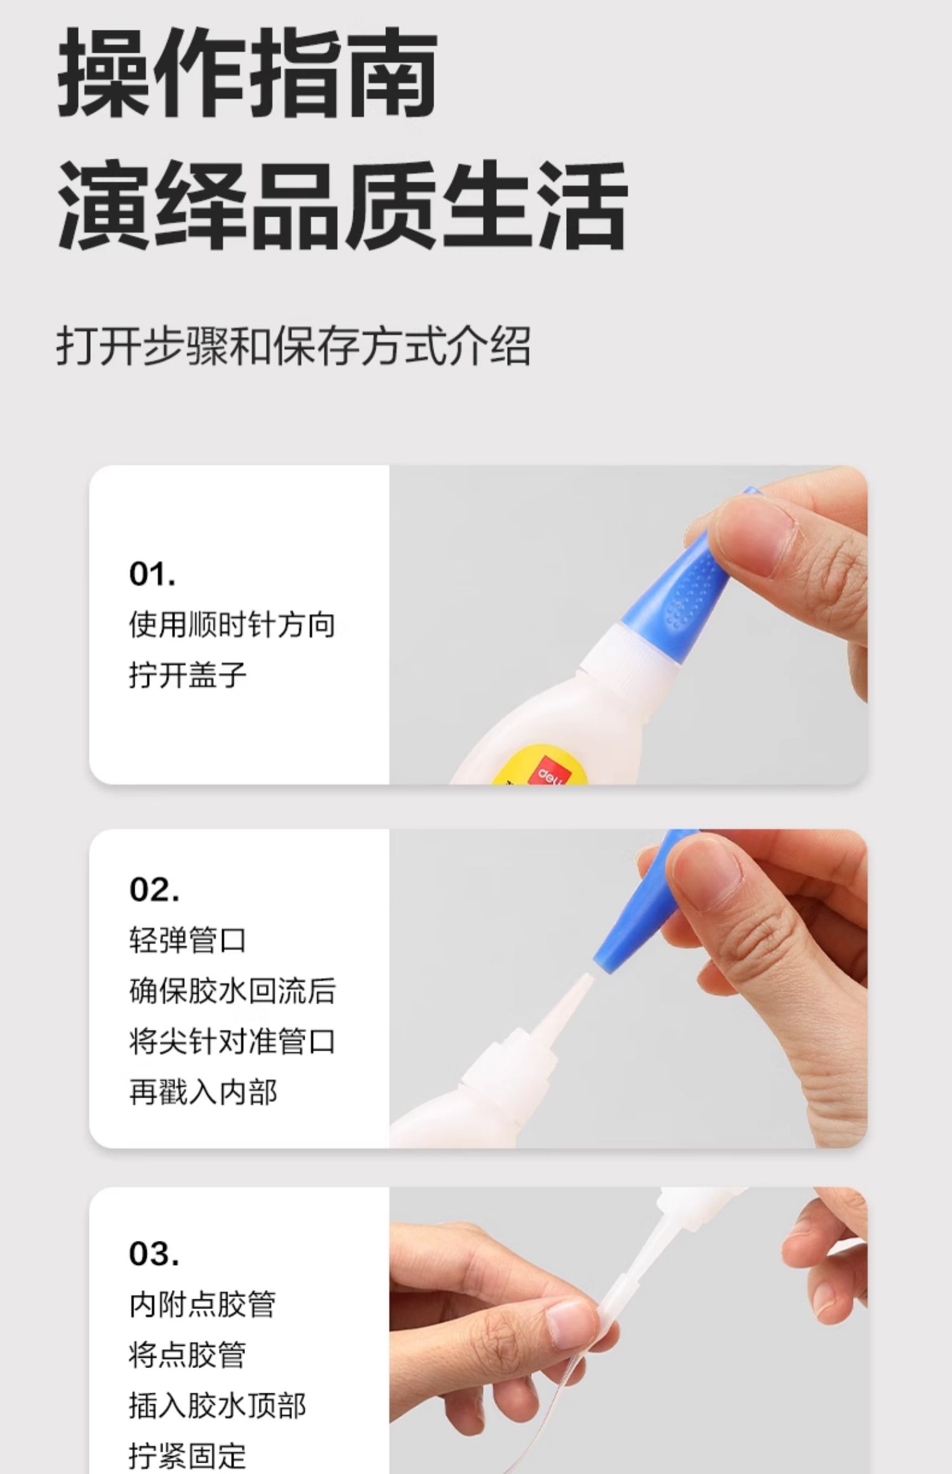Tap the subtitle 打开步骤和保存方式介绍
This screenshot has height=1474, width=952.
click(x=293, y=347)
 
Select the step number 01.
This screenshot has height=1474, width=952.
click(x=152, y=574)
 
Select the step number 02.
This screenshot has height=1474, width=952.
click(x=154, y=889)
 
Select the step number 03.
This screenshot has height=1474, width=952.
click(x=154, y=1254)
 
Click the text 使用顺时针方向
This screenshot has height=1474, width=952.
click(x=232, y=625)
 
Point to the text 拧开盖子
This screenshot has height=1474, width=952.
click(x=187, y=674)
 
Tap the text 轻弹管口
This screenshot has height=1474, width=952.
click(x=187, y=940)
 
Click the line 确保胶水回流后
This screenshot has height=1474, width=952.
click(x=232, y=991)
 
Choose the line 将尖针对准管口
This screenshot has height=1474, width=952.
click(x=232, y=1042)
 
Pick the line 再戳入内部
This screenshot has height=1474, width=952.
click(x=203, y=1092)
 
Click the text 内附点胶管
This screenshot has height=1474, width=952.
click(x=202, y=1305)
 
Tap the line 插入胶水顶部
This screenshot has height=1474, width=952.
click(x=217, y=1406)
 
